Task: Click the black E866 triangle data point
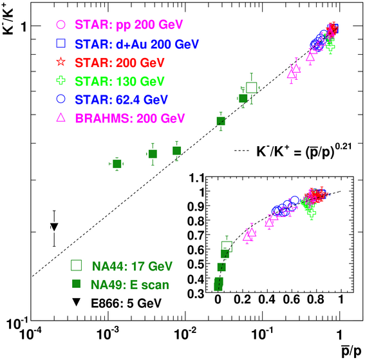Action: (x=54, y=227)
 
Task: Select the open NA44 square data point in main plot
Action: (x=252, y=88)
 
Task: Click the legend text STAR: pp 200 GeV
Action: (x=129, y=24)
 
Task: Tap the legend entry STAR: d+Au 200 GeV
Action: (x=137, y=44)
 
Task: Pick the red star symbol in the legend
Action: (x=61, y=62)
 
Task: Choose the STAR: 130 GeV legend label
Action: (x=120, y=81)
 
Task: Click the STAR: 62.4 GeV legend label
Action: (x=121, y=100)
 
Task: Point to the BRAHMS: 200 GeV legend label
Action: (x=130, y=118)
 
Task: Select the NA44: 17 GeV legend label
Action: (x=132, y=266)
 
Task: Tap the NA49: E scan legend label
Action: (x=130, y=285)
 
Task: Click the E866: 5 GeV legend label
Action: (x=126, y=303)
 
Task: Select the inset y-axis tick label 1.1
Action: (x=196, y=179)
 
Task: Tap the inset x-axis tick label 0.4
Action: (x=267, y=299)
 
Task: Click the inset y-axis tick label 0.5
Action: (x=196, y=264)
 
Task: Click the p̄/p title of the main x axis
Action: (x=351, y=350)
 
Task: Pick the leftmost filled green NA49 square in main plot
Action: (x=117, y=164)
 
